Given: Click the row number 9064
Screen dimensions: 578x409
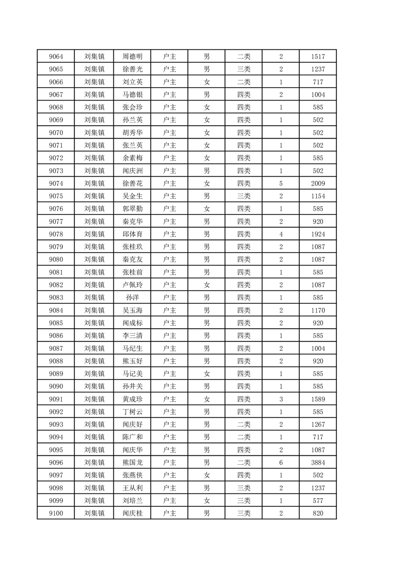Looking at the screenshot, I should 56,57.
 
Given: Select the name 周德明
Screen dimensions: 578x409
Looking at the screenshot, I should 133,57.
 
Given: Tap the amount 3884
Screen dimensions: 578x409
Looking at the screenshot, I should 318,463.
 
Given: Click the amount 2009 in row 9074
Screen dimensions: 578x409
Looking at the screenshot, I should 318,183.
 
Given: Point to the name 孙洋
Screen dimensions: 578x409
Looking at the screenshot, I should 133,298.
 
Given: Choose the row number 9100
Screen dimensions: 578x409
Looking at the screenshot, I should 56,513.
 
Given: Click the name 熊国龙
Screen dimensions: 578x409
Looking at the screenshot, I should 133,463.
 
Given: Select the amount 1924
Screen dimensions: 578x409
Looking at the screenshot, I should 318,234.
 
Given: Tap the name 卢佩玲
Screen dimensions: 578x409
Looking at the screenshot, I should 133,285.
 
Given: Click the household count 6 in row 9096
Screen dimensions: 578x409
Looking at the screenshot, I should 281,463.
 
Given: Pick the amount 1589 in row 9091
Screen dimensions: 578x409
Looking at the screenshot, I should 318,399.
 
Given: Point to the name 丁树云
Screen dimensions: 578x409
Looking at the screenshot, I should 133,412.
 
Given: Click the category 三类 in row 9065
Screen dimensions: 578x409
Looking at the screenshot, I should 243,69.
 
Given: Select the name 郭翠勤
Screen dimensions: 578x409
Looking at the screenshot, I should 133,209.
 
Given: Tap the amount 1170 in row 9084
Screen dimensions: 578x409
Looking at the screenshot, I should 318,310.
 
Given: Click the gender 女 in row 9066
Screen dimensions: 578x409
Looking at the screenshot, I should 206,82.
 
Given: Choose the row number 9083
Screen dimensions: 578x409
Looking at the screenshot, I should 56,298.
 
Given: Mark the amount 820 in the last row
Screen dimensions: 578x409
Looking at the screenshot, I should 318,513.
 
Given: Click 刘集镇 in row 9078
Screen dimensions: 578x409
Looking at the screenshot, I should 94,234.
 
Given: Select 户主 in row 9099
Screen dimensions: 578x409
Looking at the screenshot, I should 169,501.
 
